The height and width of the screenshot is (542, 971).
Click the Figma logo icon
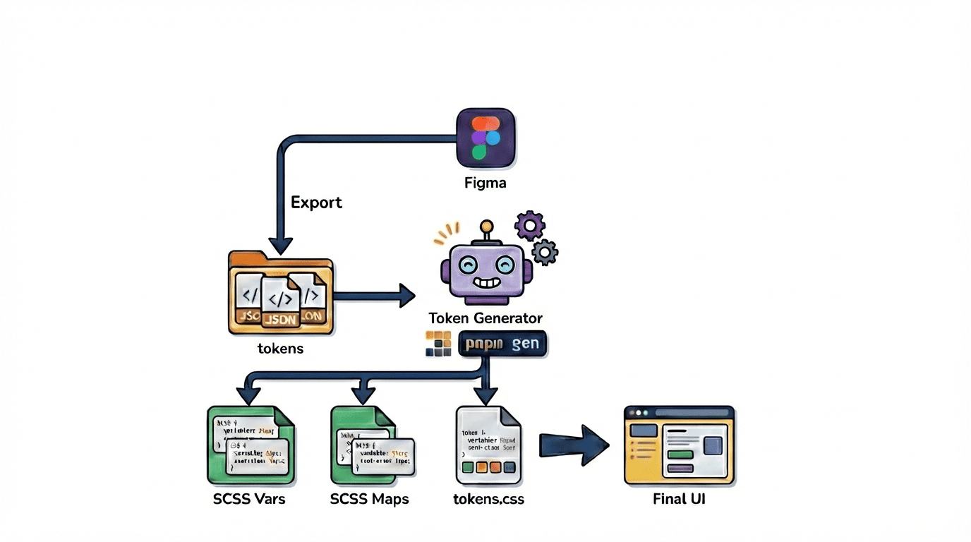[485, 137]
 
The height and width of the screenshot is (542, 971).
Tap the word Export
[316, 203]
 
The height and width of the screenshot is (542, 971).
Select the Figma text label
[485, 183]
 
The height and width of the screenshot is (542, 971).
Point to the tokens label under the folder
[281, 348]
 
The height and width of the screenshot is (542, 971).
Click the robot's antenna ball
[485, 227]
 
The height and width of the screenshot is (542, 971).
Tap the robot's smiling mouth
[485, 284]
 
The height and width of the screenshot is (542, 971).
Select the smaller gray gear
[545, 251]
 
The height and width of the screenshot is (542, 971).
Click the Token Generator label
[485, 318]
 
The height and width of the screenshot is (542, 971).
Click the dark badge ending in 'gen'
[502, 344]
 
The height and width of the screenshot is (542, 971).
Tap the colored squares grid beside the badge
[438, 344]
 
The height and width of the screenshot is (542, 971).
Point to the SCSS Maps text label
[370, 499]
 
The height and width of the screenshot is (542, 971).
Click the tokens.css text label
[488, 499]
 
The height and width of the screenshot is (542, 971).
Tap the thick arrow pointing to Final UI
[573, 445]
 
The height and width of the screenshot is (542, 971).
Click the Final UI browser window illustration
[680, 445]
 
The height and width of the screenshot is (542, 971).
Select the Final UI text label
[680, 499]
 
